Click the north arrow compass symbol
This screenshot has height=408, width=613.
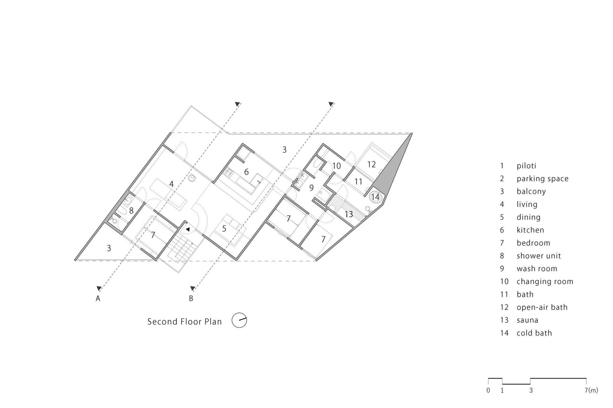pos(239,320)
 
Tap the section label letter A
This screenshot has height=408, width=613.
pos(98,298)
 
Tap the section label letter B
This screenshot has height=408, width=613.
pos(191,298)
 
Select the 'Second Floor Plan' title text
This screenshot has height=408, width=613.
pos(185,322)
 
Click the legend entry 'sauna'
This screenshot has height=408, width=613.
pos(527,320)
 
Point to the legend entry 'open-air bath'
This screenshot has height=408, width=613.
pos(542,307)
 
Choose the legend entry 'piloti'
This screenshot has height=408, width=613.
pos(526,166)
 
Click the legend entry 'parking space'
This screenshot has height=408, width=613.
pos(543,179)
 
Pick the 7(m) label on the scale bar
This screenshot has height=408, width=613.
pos(591,399)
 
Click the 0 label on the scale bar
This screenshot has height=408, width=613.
pos(488,399)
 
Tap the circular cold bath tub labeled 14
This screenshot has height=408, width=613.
pos(375,197)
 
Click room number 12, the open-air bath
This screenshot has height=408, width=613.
pos(371,164)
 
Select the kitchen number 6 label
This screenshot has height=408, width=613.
pos(246,172)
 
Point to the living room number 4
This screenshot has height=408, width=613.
pos(171,184)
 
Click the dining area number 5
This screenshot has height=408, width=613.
pos(224,229)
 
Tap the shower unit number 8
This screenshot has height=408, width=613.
pos(131,211)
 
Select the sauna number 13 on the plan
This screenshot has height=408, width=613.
pos(349,214)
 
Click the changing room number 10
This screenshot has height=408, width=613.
pos(337,166)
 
